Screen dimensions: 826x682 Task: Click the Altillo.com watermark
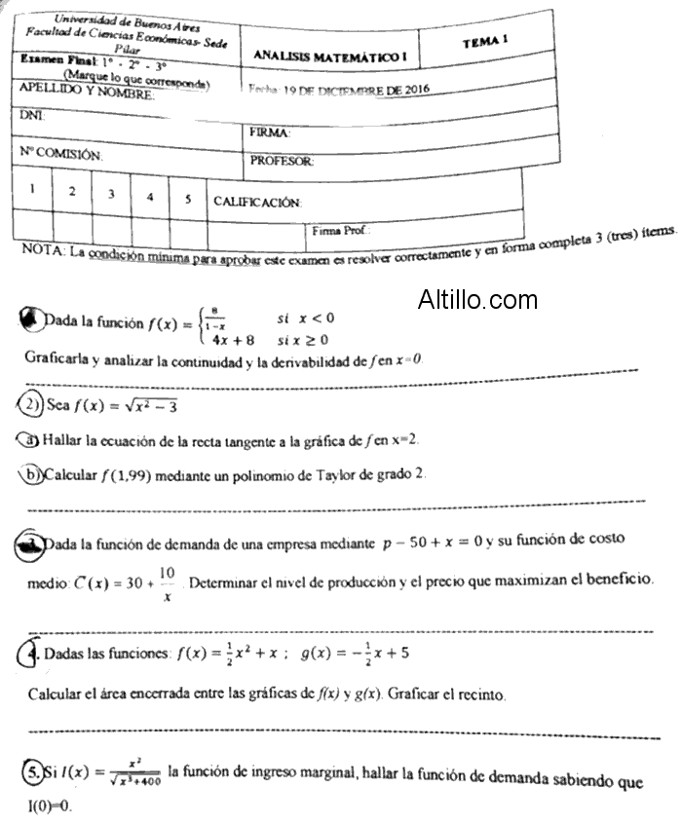(477, 299)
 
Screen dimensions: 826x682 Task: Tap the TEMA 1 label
(486, 41)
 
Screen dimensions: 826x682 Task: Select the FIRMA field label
(270, 131)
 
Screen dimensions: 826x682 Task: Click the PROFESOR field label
(281, 161)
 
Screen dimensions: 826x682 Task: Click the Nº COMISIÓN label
(61, 153)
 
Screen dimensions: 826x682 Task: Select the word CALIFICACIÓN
(257, 202)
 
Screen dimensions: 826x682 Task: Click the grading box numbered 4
(150, 196)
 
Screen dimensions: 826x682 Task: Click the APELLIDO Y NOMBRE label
(87, 93)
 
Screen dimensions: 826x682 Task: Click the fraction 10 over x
(167, 582)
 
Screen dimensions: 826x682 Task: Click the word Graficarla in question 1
(58, 357)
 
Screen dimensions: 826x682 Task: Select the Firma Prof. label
(341, 231)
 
